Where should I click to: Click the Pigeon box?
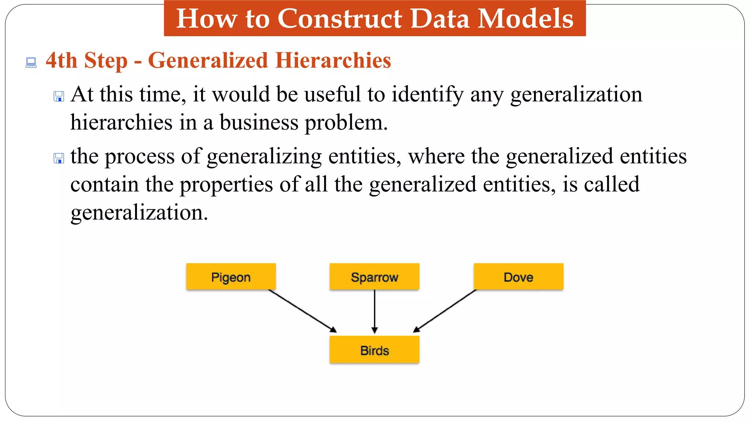tap(231, 277)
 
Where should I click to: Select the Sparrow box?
tap(374, 277)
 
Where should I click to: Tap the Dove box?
tap(518, 277)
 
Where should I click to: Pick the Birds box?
tap(374, 350)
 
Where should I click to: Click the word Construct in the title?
tap(339, 18)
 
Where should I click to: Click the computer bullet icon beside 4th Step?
tap(31, 63)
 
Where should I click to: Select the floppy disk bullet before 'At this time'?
tap(59, 96)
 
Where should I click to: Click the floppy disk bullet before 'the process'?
tap(59, 158)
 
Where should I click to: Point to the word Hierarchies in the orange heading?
tap(333, 60)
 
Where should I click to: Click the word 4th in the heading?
tap(61, 60)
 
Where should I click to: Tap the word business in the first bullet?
tap(259, 122)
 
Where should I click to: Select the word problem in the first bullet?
tap(346, 123)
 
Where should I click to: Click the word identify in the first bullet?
tap(427, 95)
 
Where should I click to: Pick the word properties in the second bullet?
tap(226, 185)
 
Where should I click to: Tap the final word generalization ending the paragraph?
tap(139, 212)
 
